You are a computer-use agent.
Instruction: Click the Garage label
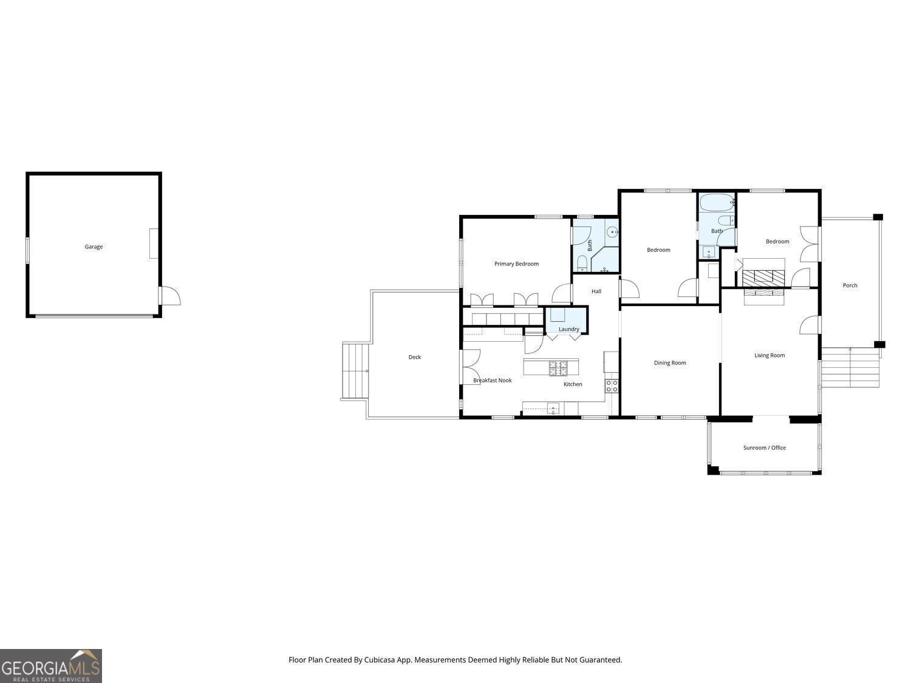point(94,246)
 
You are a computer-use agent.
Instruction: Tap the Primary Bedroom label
point(516,263)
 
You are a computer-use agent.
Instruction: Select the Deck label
point(415,357)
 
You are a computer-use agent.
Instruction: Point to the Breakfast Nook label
point(492,380)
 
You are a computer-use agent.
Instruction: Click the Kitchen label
point(573,384)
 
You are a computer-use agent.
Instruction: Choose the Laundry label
point(568,329)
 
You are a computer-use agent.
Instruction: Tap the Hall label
point(596,291)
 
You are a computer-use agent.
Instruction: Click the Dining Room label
point(670,363)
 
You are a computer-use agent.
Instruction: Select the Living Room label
point(769,355)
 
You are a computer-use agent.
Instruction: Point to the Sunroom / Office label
point(765,448)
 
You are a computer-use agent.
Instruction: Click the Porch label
point(850,285)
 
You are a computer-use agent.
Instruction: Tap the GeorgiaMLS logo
point(50,666)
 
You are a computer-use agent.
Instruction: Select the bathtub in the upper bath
point(717,203)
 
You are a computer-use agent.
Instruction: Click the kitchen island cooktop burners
point(558,369)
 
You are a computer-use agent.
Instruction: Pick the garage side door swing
point(171,296)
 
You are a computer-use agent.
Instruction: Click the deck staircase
point(355,371)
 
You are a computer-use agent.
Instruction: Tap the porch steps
point(850,368)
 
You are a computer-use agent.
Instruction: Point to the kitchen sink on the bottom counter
point(553,409)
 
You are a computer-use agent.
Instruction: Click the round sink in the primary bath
point(612,233)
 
